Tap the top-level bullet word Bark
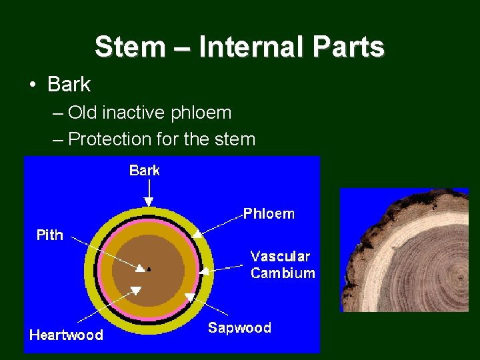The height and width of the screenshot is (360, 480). click(69, 85)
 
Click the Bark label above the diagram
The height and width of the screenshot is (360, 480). click(145, 171)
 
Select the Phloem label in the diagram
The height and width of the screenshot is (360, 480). click(269, 214)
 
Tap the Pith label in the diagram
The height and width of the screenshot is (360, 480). click(50, 235)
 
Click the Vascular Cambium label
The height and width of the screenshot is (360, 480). click(282, 265)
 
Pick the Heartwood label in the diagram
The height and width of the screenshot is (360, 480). click(66, 335)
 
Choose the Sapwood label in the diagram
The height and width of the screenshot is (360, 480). click(239, 328)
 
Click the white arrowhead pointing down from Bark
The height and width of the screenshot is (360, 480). click(149, 201)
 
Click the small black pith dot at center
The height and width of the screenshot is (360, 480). click(149, 269)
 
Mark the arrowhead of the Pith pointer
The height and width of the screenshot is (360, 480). click(140, 269)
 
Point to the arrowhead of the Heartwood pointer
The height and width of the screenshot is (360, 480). click(135, 290)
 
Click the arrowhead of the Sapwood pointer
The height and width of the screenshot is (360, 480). click(189, 296)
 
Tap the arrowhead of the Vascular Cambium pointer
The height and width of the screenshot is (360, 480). click(204, 271)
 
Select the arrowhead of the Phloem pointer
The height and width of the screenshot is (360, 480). click(197, 234)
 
